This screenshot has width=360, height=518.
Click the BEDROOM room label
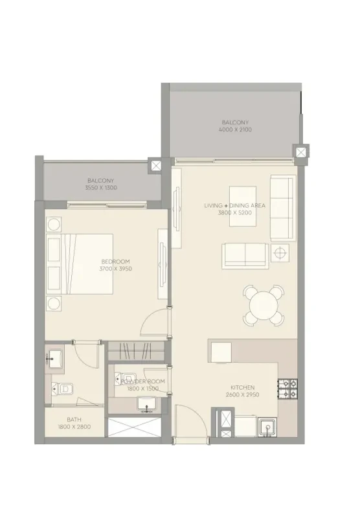coord(116,262)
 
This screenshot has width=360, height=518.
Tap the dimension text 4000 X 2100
coord(235,129)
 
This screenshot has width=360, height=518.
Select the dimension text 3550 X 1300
coord(101,188)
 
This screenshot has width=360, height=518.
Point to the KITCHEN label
coord(242,387)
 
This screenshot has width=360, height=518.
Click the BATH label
coord(74,420)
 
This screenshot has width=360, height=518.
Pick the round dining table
coord(264,305)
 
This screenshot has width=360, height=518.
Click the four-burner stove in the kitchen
coord(287,389)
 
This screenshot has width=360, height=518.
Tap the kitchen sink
coord(268,427)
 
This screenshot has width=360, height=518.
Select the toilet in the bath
coord(62,389)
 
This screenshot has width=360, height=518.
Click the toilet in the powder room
coord(125,379)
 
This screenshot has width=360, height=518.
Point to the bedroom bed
coord(80,264)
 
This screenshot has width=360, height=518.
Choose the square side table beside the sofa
coord(280,253)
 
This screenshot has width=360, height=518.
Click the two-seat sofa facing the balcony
coord(245,256)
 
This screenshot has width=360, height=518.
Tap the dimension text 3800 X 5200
coord(234,213)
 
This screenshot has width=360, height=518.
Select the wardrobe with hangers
coord(136,350)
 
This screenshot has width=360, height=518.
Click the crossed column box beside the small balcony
coord(155,165)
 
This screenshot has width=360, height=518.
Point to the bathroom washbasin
coord(55,358)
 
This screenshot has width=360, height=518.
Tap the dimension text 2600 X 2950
coord(242,395)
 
